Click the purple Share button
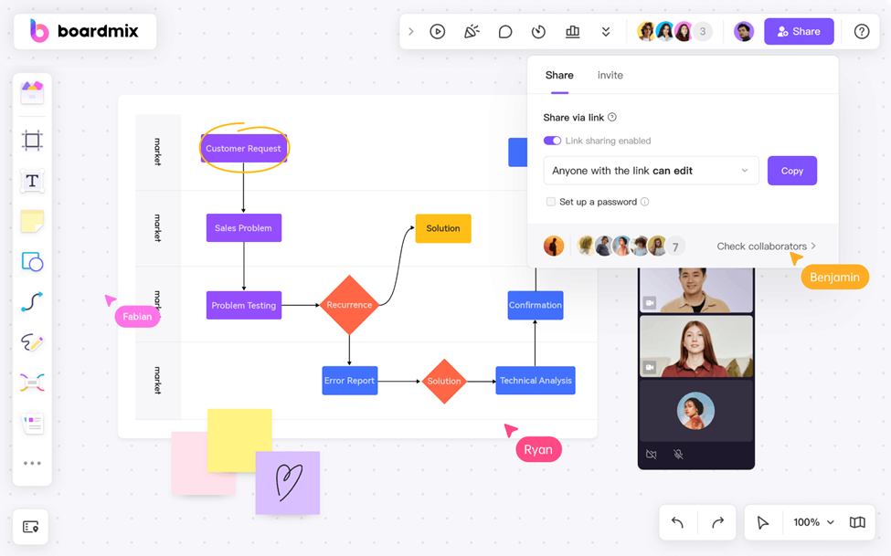click(x=799, y=31)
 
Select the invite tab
click(x=610, y=76)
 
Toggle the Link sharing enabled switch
click(x=552, y=141)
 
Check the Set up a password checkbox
click(x=550, y=202)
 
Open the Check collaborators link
click(x=766, y=247)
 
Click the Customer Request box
click(x=243, y=149)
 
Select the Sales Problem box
click(x=243, y=228)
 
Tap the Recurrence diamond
click(x=349, y=305)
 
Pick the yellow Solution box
click(x=443, y=228)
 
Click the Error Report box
click(x=349, y=381)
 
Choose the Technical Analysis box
click(x=536, y=381)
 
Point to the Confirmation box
click(x=536, y=305)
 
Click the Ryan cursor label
click(x=538, y=449)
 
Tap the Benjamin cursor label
click(x=835, y=277)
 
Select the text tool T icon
click(x=32, y=181)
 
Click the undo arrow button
click(x=677, y=522)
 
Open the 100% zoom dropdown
click(x=813, y=522)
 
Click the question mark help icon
click(x=862, y=31)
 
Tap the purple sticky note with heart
click(x=287, y=482)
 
